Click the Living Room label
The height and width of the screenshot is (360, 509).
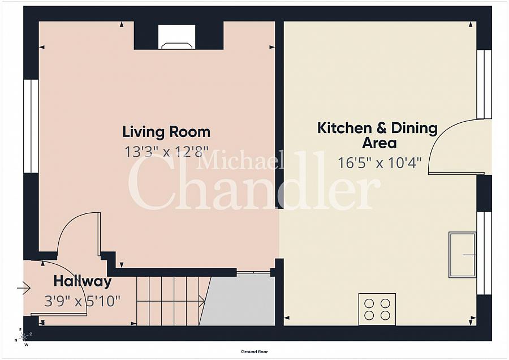point(166,132)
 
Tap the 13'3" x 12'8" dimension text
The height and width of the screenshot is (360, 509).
point(166,151)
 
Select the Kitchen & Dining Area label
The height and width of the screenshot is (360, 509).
point(377,135)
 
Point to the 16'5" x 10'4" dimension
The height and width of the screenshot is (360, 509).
point(379,163)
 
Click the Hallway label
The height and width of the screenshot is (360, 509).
point(83,281)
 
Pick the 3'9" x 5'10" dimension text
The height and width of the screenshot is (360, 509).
point(83,301)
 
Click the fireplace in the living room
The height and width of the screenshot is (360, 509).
point(176,38)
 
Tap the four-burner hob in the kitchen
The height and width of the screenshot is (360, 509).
point(377,309)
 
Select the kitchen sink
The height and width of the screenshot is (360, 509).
point(463,255)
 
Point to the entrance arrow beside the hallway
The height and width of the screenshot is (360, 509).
point(23,289)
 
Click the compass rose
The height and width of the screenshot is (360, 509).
point(23,338)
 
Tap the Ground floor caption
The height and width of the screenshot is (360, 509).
point(254,352)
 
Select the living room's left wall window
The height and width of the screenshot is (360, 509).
point(31,126)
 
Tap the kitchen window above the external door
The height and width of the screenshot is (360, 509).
point(484,84)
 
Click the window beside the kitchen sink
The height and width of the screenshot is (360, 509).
point(484,253)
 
